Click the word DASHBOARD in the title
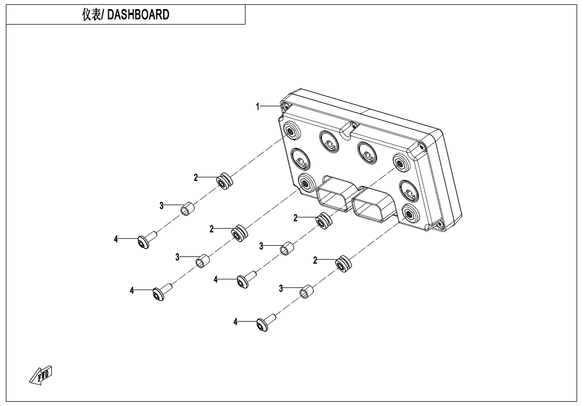point(138,14)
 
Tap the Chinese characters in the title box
point(91,14)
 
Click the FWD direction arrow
point(41,375)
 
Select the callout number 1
point(257,107)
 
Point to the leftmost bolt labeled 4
point(147,240)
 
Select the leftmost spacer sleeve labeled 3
point(187,209)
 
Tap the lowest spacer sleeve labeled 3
point(306,292)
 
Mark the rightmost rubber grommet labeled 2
point(343,264)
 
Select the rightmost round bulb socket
point(409,191)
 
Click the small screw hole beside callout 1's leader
point(286,107)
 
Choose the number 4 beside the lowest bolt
point(235,322)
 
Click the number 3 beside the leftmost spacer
point(162,206)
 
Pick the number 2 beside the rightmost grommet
point(315,260)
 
